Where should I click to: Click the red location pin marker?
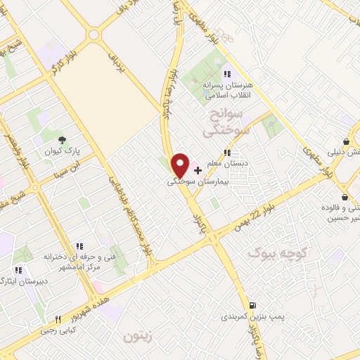click(181, 165)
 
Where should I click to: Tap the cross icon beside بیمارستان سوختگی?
click(198, 170)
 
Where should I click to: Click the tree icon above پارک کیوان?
click(62, 140)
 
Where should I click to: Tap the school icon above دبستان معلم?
click(226, 153)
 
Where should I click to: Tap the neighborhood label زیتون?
click(137, 337)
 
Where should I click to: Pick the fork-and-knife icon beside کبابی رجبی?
click(58, 319)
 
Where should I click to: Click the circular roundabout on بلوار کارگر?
click(93, 34)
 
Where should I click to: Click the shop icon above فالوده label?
click(343, 198)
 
